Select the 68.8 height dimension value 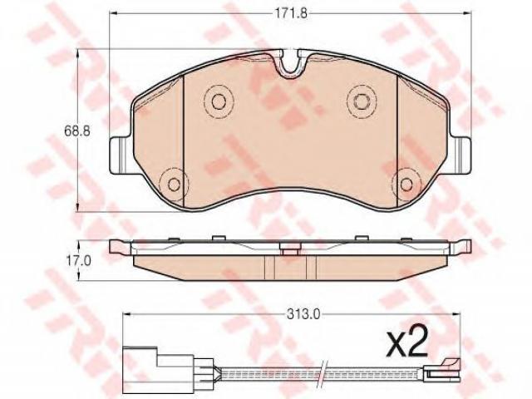coord(77,131)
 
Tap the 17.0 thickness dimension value coord(78,260)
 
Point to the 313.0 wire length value coord(303,315)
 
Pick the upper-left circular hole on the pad coord(219,101)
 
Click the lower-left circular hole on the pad coord(174,185)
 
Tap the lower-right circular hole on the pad coord(406,185)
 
